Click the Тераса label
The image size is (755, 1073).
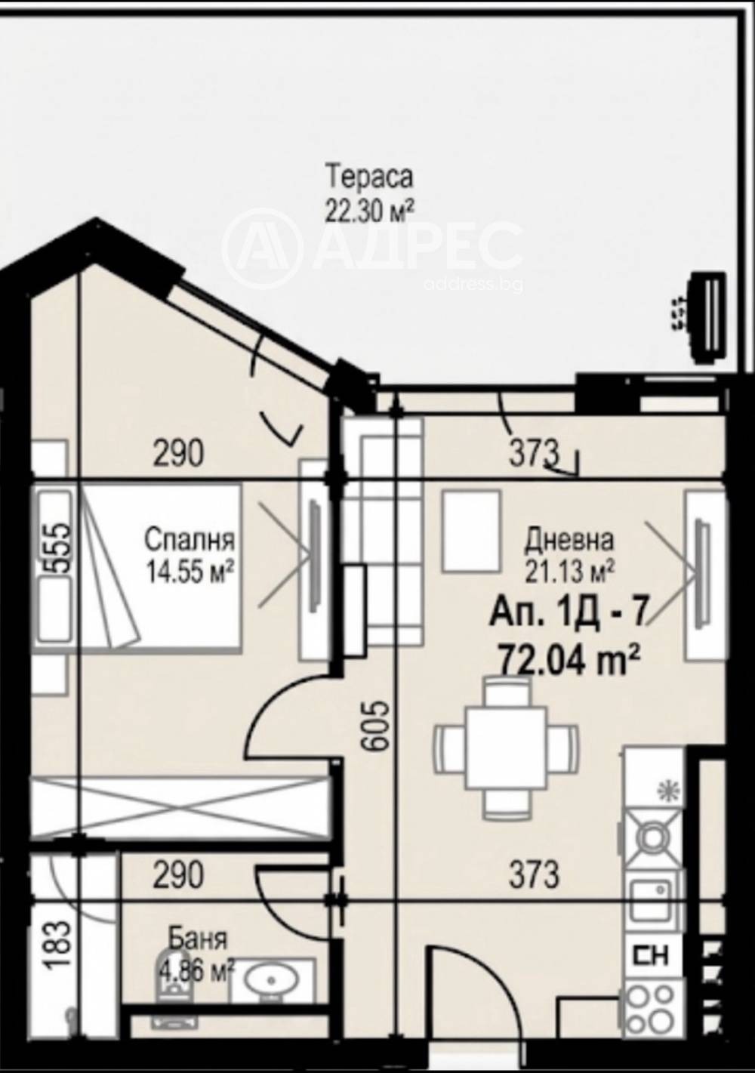[x=369, y=177]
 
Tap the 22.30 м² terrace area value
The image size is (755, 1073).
[x=369, y=209]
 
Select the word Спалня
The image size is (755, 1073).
[x=189, y=541]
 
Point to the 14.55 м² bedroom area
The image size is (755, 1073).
[x=189, y=572]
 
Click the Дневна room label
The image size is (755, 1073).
[x=569, y=541]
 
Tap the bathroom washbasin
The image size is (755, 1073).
[x=274, y=982]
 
